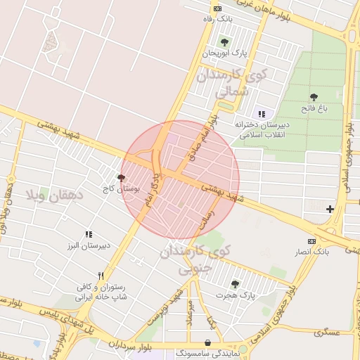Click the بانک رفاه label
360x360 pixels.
pyautogui.click(x=217, y=19)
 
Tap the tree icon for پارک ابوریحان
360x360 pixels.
pyautogui.click(x=224, y=42)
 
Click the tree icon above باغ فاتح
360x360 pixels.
pyautogui.click(x=313, y=97)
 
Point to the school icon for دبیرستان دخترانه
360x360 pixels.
pyautogui.click(x=262, y=114)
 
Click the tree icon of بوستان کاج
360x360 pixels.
pyautogui.click(x=121, y=178)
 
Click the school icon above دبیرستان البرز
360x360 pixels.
pyautogui.click(x=89, y=234)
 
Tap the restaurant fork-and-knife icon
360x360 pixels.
pyautogui.click(x=101, y=276)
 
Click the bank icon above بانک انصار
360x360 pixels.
pyautogui.click(x=312, y=240)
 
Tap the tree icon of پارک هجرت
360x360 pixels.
pyautogui.click(x=234, y=284)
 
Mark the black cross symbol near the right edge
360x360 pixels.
pyautogui.click(x=330, y=209)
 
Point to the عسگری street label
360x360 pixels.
pyautogui.click(x=326, y=331)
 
